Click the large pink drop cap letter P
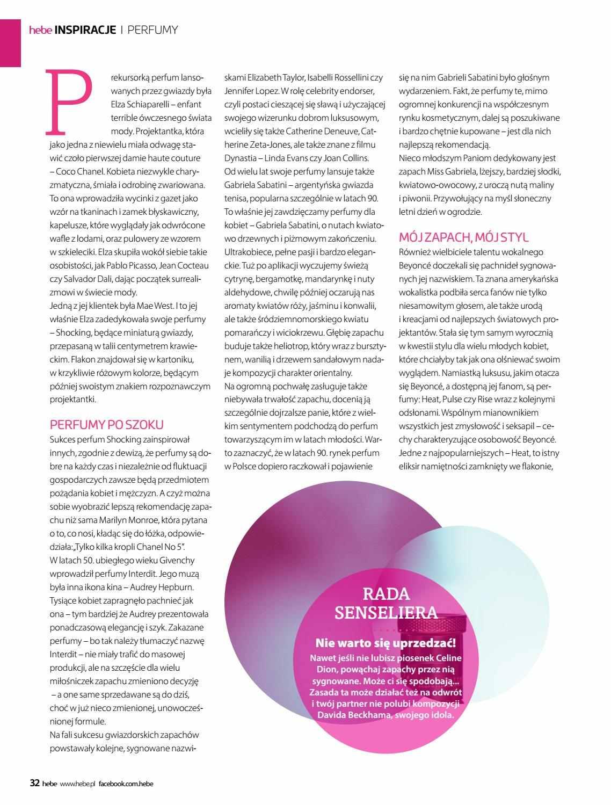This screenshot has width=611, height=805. pyautogui.click(x=69, y=101)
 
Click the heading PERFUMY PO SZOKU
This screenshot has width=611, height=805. pyautogui.click(x=106, y=425)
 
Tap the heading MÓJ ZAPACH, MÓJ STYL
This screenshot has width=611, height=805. pyautogui.click(x=463, y=237)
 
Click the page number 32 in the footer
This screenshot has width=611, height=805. pyautogui.click(x=34, y=783)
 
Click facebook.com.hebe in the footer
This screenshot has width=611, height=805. pyautogui.click(x=126, y=784)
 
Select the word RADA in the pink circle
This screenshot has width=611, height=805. pyautogui.click(x=386, y=593)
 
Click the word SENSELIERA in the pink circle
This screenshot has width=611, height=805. pyautogui.click(x=386, y=612)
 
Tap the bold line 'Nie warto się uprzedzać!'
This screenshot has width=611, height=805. pyautogui.click(x=385, y=642)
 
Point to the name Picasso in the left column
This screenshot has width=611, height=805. pyautogui.click(x=148, y=265)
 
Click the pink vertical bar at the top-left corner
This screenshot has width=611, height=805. pyautogui.click(x=10, y=33)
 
